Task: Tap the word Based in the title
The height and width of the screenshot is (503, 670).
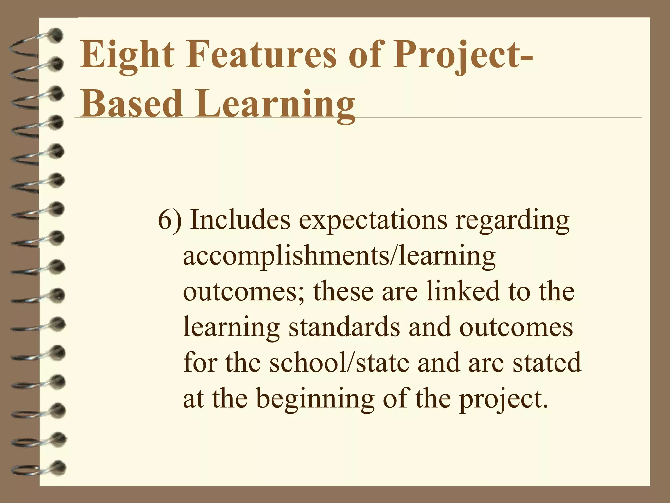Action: (x=131, y=103)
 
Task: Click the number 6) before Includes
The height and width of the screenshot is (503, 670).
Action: (x=169, y=220)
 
